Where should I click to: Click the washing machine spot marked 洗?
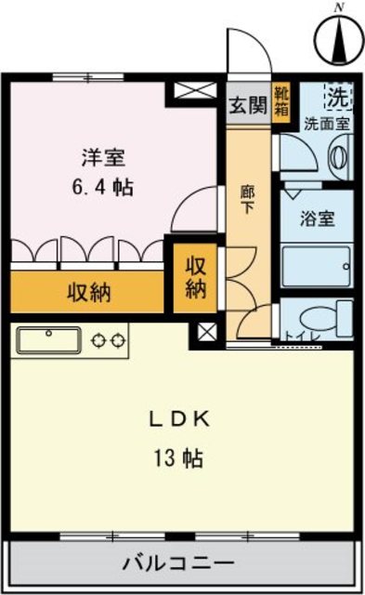pyautogui.click(x=335, y=96)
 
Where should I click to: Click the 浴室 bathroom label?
pyautogui.click(x=317, y=220)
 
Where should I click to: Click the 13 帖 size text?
pyautogui.click(x=181, y=458)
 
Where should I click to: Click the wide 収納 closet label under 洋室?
pyautogui.click(x=88, y=293)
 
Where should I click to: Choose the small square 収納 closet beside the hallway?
pyautogui.click(x=195, y=276)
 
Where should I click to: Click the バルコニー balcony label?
pyautogui.click(x=180, y=562)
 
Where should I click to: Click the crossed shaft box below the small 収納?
pyautogui.click(x=205, y=332)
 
